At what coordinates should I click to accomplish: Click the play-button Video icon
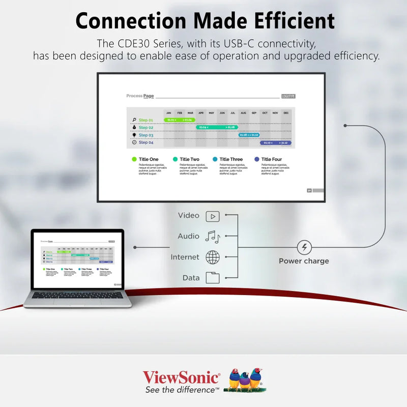(x=213, y=216)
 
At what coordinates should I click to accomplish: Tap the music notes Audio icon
(x=213, y=237)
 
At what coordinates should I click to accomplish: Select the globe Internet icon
(x=213, y=257)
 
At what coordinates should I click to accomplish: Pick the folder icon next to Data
(x=213, y=278)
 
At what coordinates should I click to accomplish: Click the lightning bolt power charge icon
(x=304, y=248)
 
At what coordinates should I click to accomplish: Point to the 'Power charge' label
(x=304, y=261)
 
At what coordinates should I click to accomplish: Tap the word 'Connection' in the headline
(x=132, y=21)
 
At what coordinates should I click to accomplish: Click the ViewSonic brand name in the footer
(x=181, y=377)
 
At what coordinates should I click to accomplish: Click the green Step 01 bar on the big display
(x=180, y=120)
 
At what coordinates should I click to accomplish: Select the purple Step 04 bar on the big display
(x=275, y=143)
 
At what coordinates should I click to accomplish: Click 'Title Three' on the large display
(x=231, y=159)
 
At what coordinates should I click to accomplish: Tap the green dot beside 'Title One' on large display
(x=134, y=159)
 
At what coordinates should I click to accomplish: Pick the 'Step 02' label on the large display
(x=146, y=128)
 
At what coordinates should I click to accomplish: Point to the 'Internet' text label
(x=185, y=257)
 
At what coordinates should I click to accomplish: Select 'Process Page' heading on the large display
(x=140, y=96)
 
